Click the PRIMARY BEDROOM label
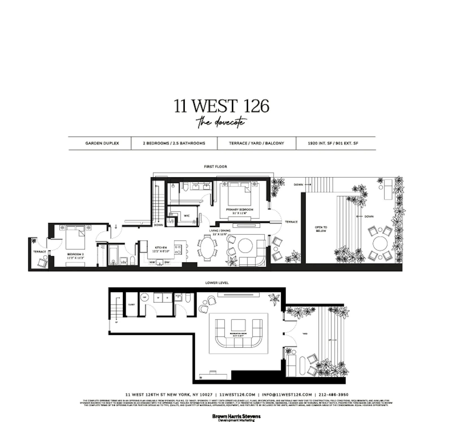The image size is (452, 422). (240, 210)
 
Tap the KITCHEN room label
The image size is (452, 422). (161, 248)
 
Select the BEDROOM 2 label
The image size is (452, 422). (75, 254)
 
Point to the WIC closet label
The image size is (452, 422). (187, 216)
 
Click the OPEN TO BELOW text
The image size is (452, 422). (321, 229)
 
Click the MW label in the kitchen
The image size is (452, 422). (152, 263)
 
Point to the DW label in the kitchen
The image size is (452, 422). (167, 263)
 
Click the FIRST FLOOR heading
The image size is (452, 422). (215, 167)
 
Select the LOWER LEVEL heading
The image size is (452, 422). (217, 283)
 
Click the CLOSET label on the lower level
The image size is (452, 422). (131, 305)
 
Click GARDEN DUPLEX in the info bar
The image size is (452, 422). (102, 143)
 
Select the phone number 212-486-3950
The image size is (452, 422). (333, 395)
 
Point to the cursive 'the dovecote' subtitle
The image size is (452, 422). (221, 122)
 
